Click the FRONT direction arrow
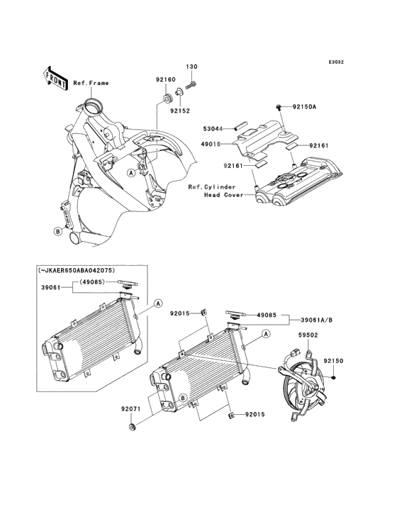point(55,79)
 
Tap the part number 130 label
point(191,67)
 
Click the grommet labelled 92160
point(169,99)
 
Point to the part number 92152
point(180,111)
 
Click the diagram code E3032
point(336,62)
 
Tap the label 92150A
point(304,106)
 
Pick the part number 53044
point(213,128)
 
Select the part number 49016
point(211,144)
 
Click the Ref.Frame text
point(91,83)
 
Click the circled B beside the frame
point(58,232)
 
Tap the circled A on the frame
point(132,172)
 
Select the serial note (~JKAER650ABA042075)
point(77,270)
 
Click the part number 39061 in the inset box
point(50,288)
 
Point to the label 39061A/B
point(317,320)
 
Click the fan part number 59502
point(308,335)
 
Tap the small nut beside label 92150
point(334,377)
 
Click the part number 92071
point(130,409)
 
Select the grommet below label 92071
point(133,428)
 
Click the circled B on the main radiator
point(182,398)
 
